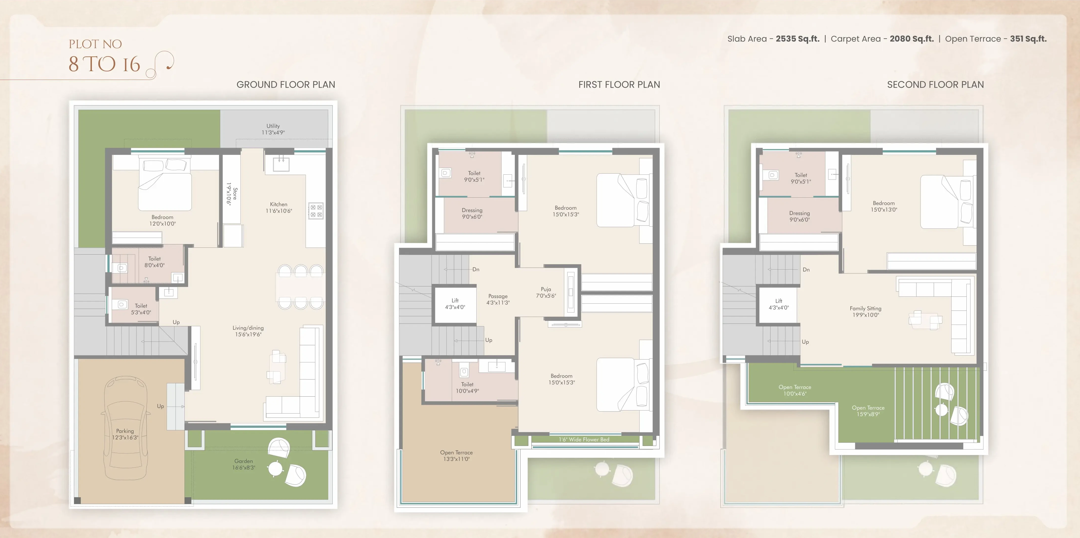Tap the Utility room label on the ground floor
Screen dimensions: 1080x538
(273, 126)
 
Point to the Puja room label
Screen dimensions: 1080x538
(546, 289)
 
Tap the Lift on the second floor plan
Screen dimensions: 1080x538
(779, 304)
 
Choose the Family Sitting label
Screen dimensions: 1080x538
(865, 308)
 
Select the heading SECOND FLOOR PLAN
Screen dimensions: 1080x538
(935, 85)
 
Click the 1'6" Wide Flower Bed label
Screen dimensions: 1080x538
(584, 439)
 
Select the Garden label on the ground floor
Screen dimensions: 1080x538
(244, 461)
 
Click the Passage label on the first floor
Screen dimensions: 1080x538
(498, 296)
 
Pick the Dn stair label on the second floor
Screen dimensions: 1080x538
(806, 270)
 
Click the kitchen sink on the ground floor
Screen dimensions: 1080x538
(281, 164)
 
